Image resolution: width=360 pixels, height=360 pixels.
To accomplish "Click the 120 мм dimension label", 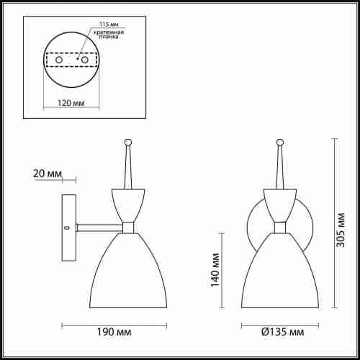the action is click(x=71, y=103).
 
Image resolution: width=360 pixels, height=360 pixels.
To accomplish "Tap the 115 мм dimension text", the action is click(x=109, y=24).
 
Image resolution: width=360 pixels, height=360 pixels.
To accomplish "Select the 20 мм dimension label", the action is click(x=48, y=174).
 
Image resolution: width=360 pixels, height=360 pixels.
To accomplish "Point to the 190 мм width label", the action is click(x=114, y=332).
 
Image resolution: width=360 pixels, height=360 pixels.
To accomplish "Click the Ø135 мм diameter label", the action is click(x=282, y=332).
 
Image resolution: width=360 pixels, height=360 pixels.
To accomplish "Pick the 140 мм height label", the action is click(x=215, y=270).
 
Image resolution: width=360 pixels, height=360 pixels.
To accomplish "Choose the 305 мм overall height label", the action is click(x=341, y=230).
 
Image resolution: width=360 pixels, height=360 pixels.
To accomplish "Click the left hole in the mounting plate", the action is click(x=59, y=60).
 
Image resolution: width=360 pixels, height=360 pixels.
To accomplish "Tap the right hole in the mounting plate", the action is click(x=85, y=60).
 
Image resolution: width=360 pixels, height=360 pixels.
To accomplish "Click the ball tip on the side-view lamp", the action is click(x=128, y=142).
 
